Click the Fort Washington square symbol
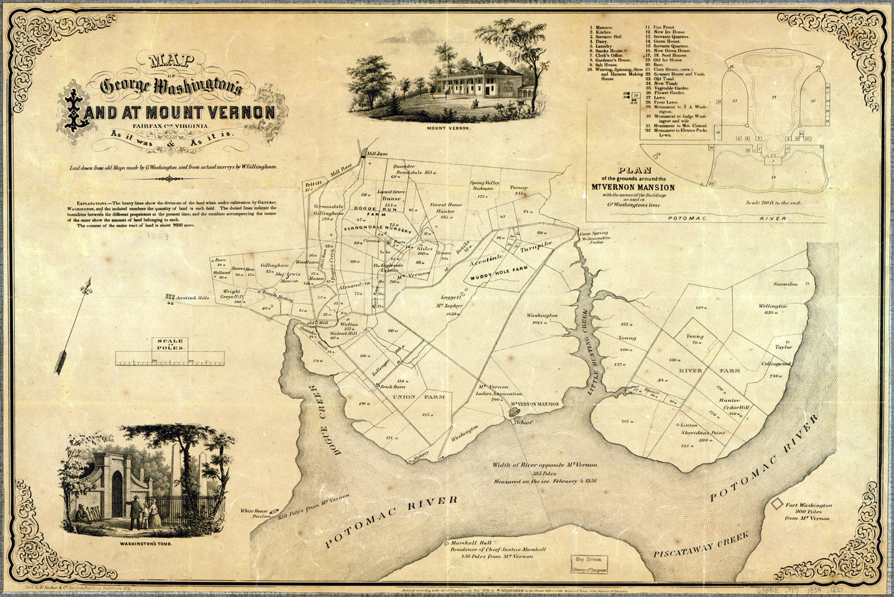coord(777,504)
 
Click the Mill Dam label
coord(376,153)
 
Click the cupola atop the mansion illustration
coord(479,55)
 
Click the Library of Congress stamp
coord(587,563)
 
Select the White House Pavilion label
coord(252,514)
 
